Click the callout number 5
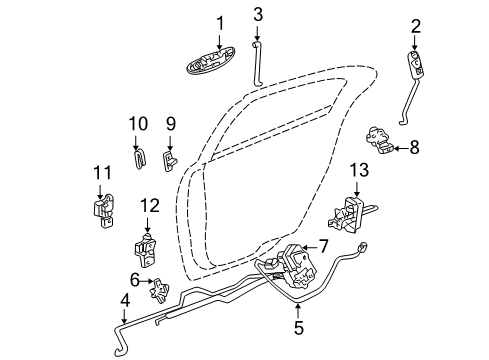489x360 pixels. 297,325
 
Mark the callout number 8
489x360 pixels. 414,148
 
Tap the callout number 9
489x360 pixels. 170,124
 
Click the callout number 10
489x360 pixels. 138,124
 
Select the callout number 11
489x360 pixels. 99,173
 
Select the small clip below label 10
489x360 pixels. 139,158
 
